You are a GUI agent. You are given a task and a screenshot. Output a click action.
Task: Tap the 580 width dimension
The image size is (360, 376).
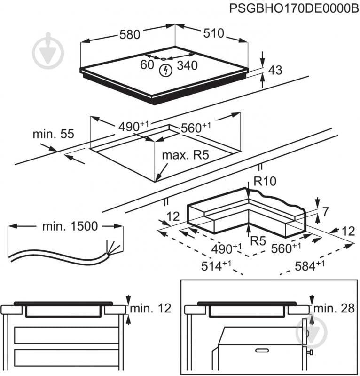click(129, 34)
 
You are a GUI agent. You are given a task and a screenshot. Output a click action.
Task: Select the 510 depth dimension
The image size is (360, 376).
click(213, 34)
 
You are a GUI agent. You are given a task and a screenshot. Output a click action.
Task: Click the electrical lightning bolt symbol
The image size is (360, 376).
click(165, 72)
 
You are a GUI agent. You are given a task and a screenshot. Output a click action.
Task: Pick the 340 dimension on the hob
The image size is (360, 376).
click(187, 65)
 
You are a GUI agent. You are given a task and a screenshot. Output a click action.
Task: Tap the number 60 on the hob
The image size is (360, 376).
click(147, 65)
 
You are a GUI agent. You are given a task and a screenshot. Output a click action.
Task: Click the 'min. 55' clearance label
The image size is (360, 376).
click(53, 134)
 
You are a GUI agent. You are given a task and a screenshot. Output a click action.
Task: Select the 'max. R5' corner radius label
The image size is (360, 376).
click(185, 156)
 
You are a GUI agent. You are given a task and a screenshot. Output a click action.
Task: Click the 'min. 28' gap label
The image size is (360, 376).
click(334, 309)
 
